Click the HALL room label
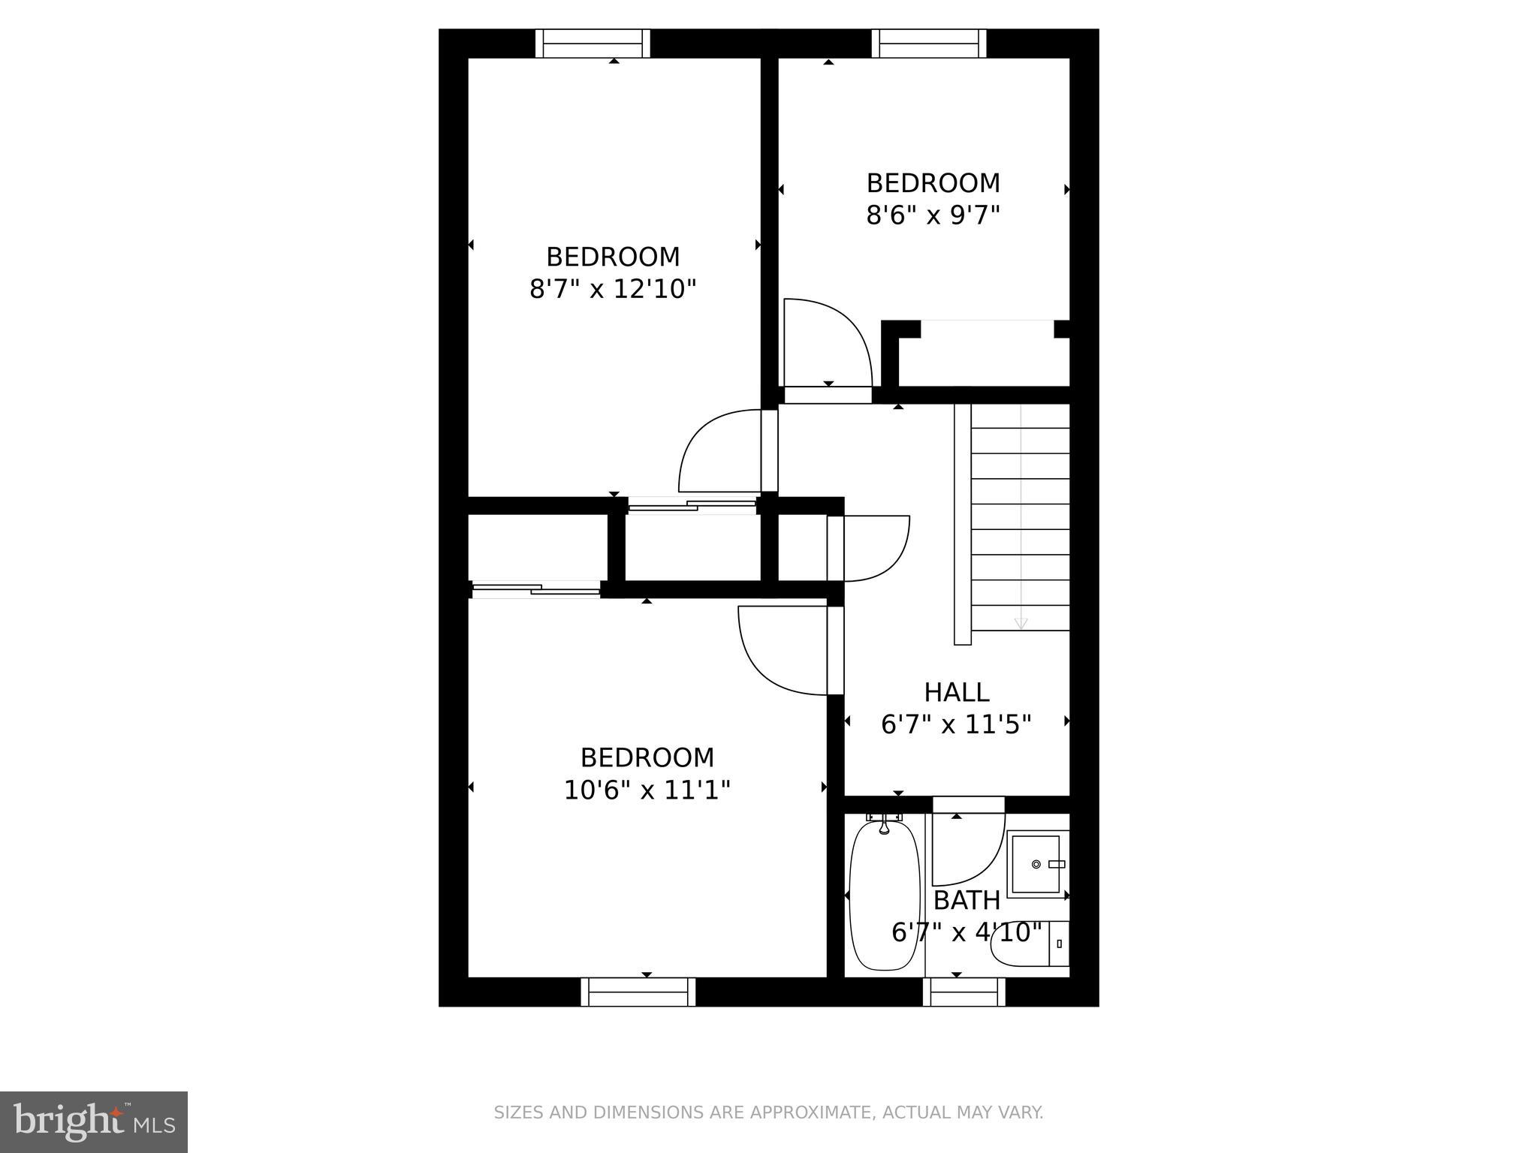[956, 691]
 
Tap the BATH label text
[967, 900]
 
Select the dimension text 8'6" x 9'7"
[933, 216]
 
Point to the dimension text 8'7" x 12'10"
[613, 289]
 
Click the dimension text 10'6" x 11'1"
[647, 790]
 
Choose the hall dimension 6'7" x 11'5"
[956, 724]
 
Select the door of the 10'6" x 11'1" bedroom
[785, 649]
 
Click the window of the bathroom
[964, 992]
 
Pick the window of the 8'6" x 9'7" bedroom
[929, 44]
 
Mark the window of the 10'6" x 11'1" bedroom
[638, 992]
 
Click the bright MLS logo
[94, 1121]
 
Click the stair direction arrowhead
[1021, 624]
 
